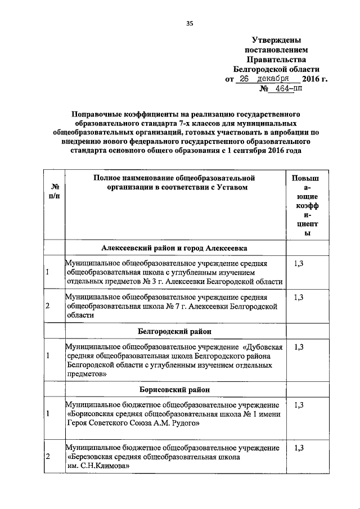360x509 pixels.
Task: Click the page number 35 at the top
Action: (x=190, y=23)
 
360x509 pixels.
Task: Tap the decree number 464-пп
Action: (x=296, y=89)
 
